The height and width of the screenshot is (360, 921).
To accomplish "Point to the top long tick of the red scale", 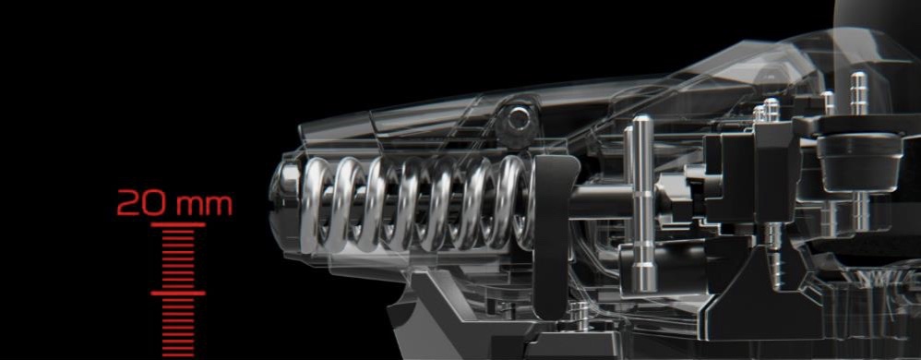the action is [x=178, y=224].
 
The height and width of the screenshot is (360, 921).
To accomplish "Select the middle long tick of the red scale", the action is [x=178, y=293].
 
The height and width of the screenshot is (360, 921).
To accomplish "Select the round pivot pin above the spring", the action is [x=518, y=120].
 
